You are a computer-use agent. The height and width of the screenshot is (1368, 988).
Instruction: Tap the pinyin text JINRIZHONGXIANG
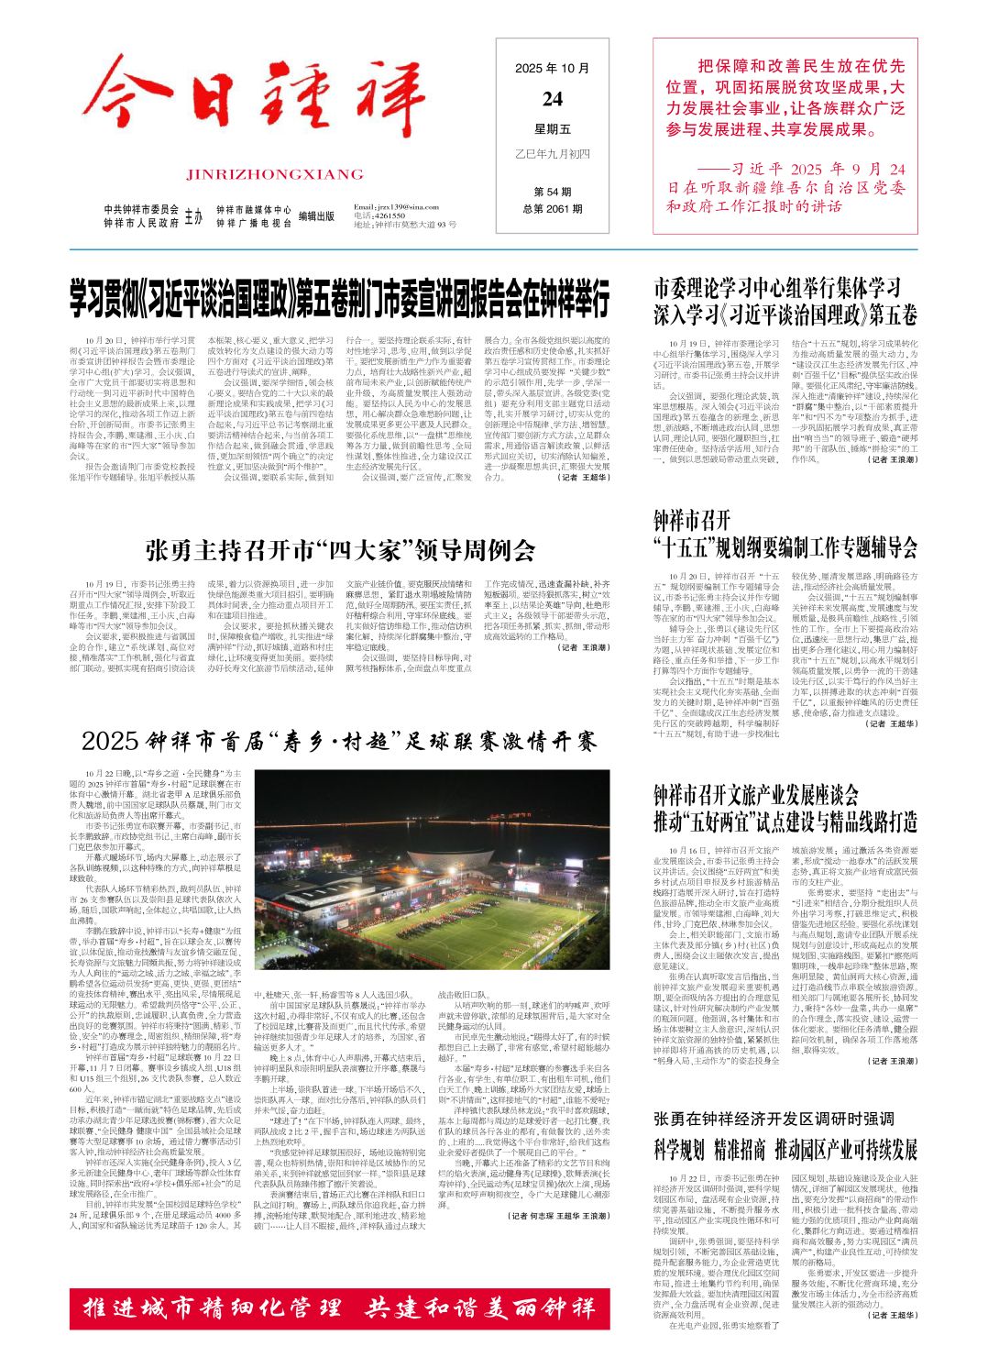tap(274, 173)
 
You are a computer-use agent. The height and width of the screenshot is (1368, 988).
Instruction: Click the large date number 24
tap(553, 99)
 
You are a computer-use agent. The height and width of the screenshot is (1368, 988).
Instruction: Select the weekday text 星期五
tap(553, 128)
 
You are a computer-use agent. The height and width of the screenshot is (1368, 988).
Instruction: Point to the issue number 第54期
tap(553, 192)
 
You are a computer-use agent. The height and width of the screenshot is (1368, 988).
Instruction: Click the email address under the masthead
tap(396, 206)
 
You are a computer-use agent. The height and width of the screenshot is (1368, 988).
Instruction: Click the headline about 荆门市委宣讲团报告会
tap(340, 300)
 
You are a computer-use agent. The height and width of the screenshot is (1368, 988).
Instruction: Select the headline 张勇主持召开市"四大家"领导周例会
tap(340, 550)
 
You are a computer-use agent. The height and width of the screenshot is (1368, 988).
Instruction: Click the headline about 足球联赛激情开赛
tap(339, 740)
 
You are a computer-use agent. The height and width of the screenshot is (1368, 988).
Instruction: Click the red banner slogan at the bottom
tap(339, 1307)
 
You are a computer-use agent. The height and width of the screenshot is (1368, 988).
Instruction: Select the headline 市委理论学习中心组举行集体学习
tap(776, 288)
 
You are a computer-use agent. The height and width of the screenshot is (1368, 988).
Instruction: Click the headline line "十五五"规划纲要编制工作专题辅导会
tap(785, 548)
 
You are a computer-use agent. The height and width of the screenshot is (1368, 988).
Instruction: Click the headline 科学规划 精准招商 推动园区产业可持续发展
tap(785, 1149)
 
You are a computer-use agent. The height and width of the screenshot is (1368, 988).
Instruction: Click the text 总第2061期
tap(553, 208)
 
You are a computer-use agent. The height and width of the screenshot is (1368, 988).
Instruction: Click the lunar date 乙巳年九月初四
tap(553, 152)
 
